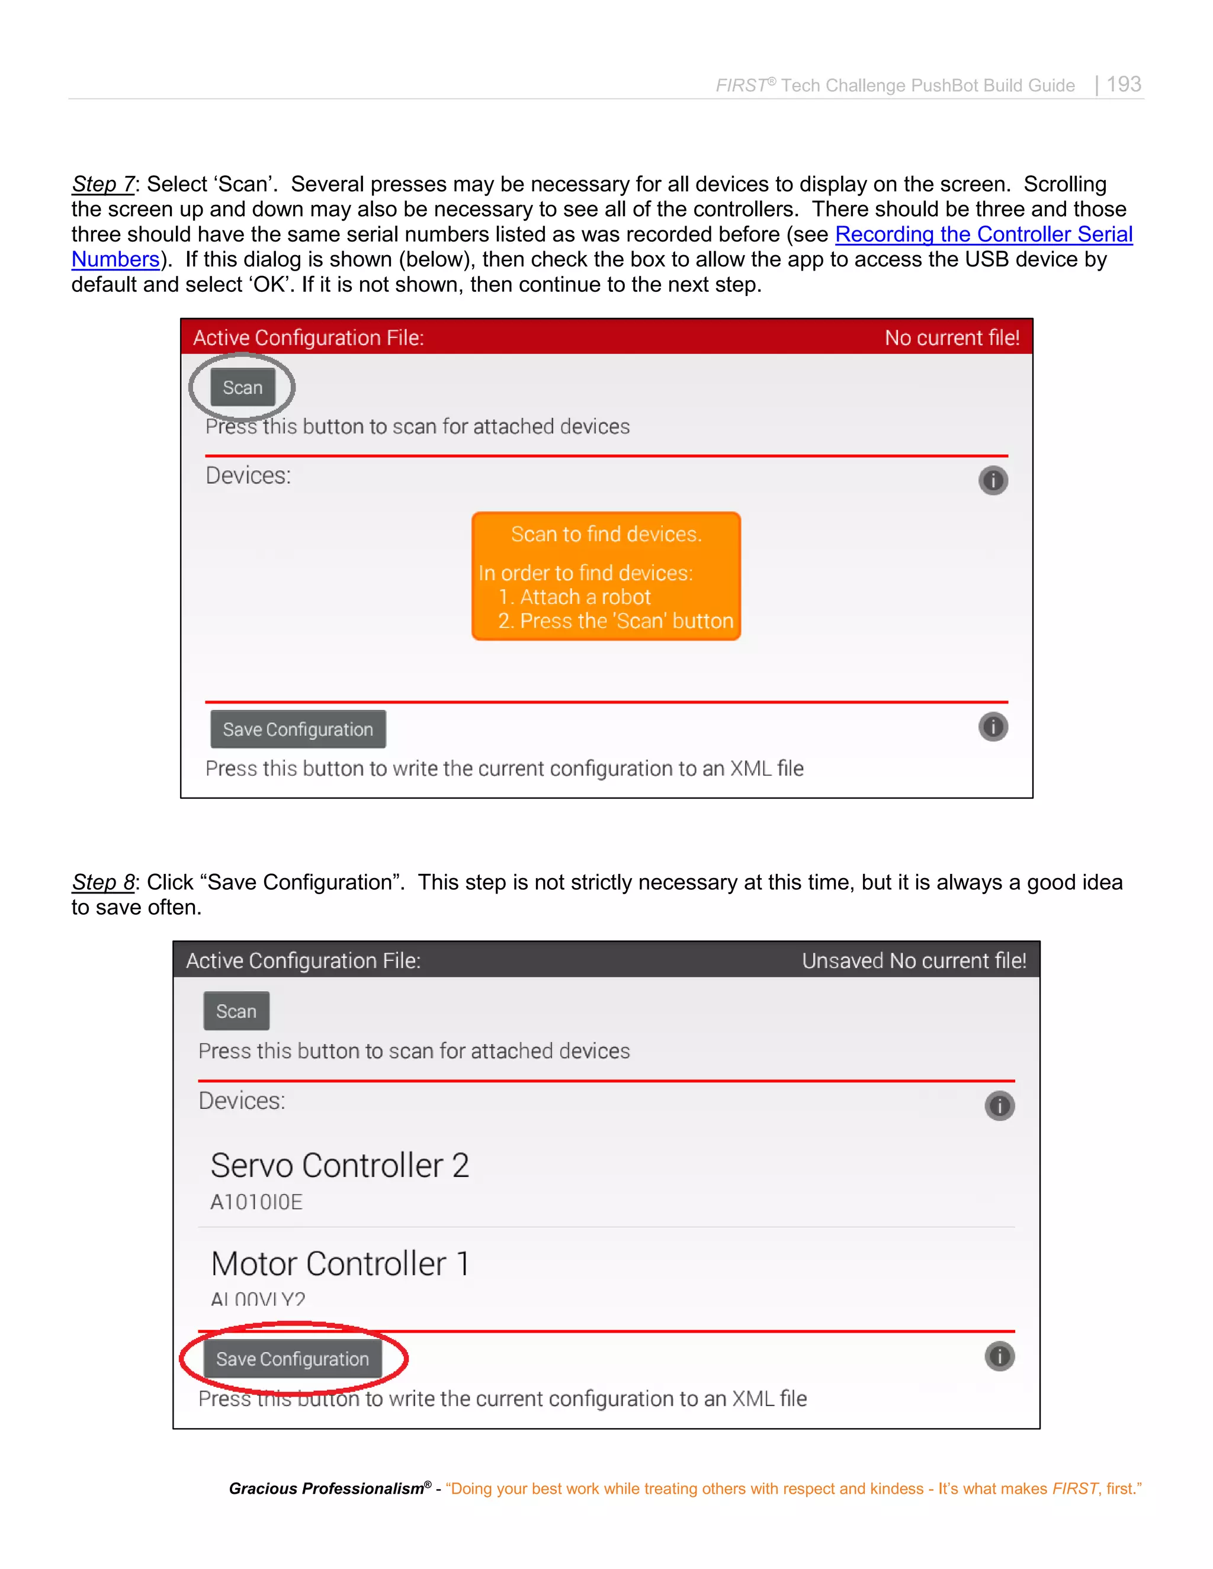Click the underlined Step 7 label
(x=102, y=184)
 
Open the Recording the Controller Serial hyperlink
(x=983, y=234)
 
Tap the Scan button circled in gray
(x=243, y=387)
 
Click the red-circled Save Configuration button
(x=293, y=1358)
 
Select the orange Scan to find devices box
(x=606, y=575)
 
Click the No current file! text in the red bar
(x=951, y=337)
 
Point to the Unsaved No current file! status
(x=913, y=960)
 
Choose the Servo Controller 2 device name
(x=340, y=1165)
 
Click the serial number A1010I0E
(x=256, y=1202)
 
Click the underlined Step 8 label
(x=102, y=882)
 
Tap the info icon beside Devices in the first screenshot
(x=993, y=480)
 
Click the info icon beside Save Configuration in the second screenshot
(x=999, y=1356)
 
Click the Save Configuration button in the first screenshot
(x=297, y=729)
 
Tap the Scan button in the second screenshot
(x=236, y=1011)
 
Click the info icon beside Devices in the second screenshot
(x=999, y=1105)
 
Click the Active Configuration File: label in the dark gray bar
(x=303, y=960)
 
